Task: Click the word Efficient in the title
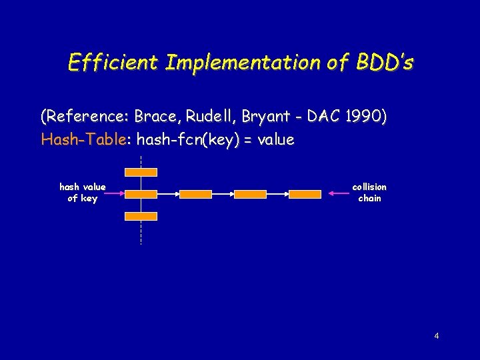point(113,63)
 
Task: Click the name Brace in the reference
point(155,116)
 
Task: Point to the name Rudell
point(210,116)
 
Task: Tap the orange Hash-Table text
point(83,139)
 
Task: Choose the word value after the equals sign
point(276,139)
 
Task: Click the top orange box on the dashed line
point(141,173)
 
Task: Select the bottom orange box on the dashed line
point(141,217)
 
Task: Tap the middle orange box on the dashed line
point(141,195)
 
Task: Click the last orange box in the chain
point(305,195)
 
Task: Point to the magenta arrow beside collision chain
point(339,193)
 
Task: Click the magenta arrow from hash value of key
point(114,193)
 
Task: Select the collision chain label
point(369,193)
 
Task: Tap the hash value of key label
point(83,193)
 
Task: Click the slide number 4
point(437,336)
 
